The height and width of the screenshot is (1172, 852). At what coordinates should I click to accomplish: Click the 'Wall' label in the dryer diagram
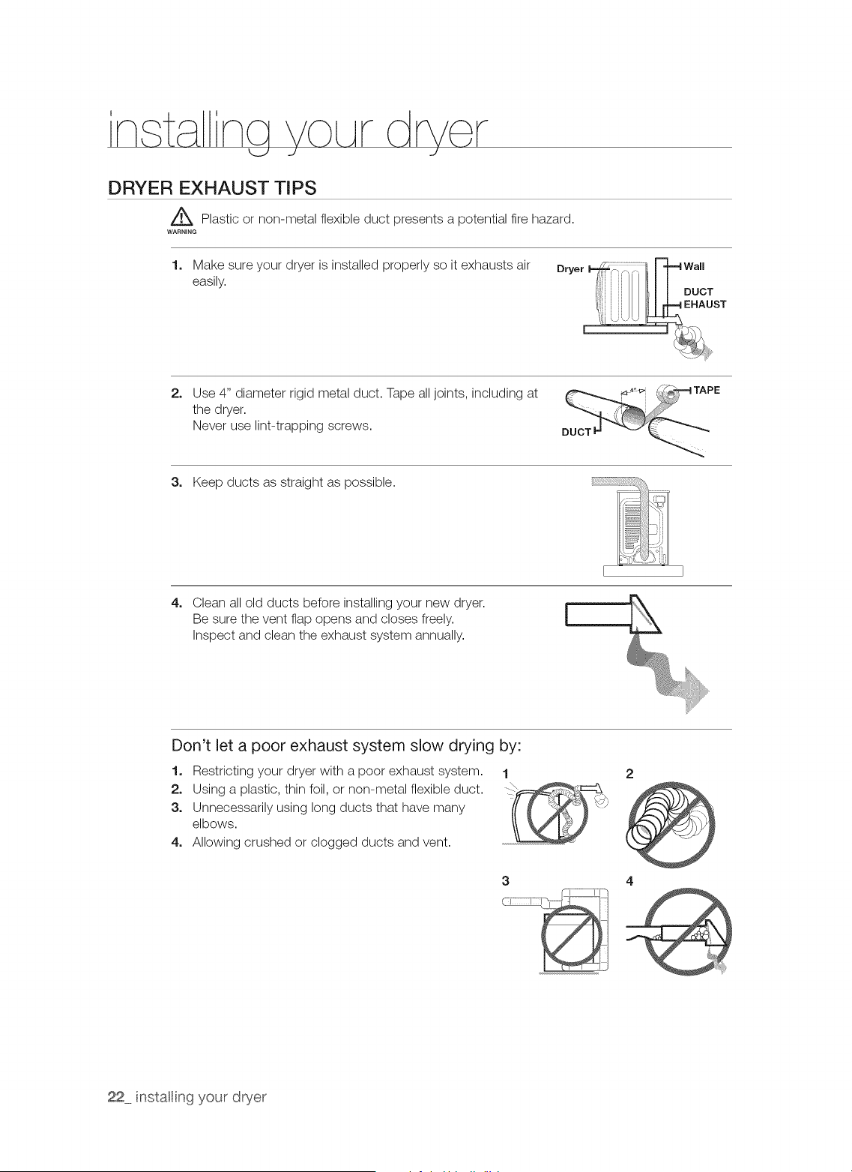click(x=694, y=266)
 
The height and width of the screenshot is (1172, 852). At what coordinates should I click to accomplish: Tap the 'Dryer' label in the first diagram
click(x=569, y=269)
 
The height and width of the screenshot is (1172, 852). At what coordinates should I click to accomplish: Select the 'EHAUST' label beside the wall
click(x=704, y=304)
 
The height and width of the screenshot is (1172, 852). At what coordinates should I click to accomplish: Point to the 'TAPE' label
click(x=707, y=390)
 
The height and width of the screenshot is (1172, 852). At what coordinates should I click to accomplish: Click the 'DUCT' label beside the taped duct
click(x=575, y=432)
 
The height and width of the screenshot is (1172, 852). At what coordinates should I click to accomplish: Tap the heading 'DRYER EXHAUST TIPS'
click(x=212, y=187)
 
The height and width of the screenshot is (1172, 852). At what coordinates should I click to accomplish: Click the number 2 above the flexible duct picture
click(x=629, y=774)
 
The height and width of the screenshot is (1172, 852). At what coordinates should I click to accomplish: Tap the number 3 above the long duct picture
click(x=505, y=881)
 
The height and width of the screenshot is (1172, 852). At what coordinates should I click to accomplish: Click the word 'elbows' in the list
click(x=214, y=823)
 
